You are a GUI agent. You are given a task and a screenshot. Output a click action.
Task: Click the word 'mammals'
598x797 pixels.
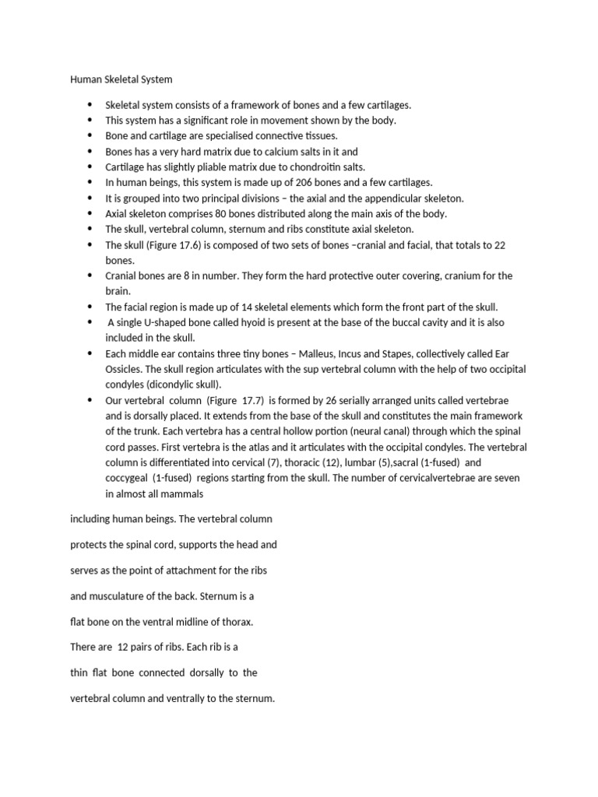tap(184, 493)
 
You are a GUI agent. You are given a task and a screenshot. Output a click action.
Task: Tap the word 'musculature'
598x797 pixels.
tap(115, 596)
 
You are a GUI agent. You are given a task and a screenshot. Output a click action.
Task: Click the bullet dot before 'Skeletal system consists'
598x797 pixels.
tap(90, 104)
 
